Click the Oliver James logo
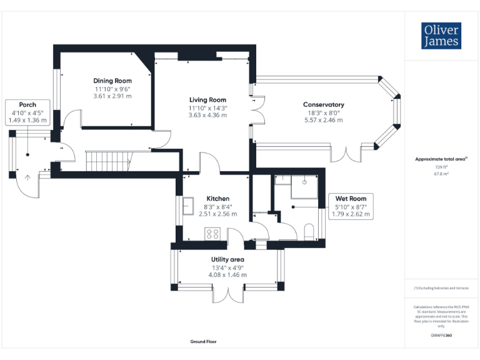441,36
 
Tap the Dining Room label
112,81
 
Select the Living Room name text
207,100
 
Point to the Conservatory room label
323,104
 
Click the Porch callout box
27,112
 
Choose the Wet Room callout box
351,206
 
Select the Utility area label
227,259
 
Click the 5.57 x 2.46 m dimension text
323,119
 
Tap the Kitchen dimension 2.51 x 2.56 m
217,214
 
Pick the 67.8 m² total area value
442,175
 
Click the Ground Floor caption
204,342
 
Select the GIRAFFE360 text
441,336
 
